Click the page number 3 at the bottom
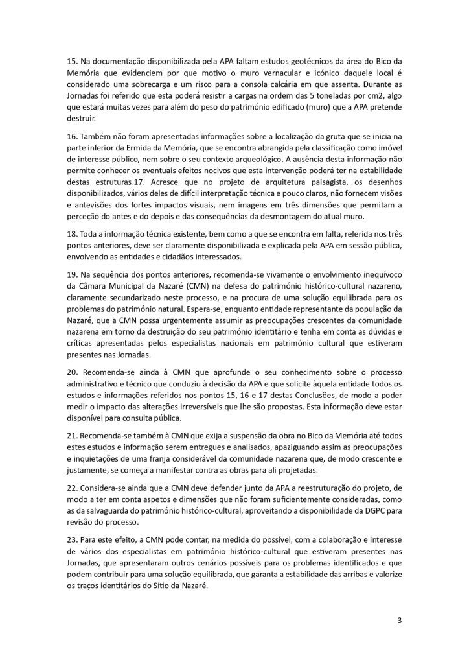pos(400,621)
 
